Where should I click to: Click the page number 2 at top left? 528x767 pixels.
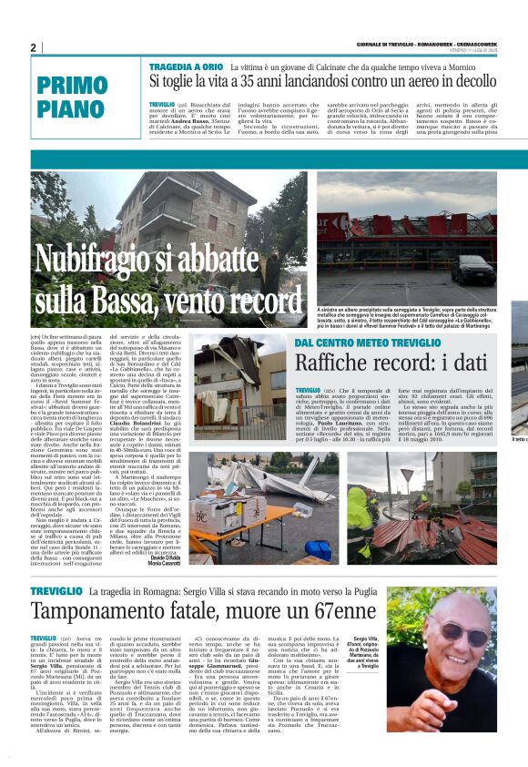point(33,48)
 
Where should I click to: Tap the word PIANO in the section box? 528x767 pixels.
point(74,110)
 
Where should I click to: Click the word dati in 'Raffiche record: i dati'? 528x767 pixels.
point(475,362)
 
